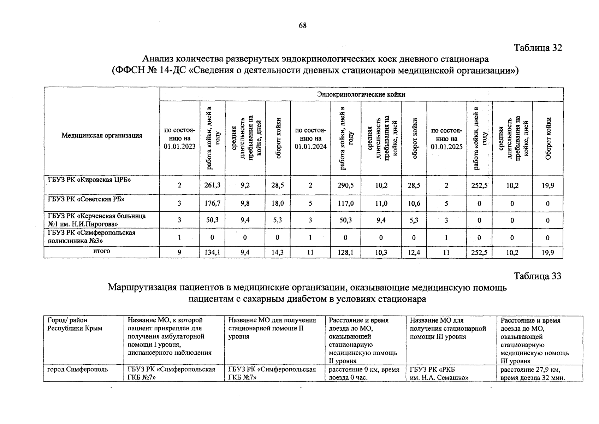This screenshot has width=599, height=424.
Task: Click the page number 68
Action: pos(303,25)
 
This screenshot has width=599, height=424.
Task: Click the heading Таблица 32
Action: pos(538,48)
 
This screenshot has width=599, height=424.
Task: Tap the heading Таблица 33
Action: pos(538,276)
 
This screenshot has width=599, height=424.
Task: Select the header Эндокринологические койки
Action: pos(361,94)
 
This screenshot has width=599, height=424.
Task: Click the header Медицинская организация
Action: pos(102,135)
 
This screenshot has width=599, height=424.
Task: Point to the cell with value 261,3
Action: pos(212,185)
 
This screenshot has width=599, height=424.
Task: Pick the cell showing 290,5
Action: pos(345,185)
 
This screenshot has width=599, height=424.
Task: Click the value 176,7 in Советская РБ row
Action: pos(212,204)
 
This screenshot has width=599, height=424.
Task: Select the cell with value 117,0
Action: pos(345,204)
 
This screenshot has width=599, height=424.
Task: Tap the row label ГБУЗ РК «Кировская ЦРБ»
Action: pos(89,179)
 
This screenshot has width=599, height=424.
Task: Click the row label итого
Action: pos(102,251)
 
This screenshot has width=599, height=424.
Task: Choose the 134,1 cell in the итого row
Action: pos(212,253)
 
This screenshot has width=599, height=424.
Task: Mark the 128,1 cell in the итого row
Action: pos(345,253)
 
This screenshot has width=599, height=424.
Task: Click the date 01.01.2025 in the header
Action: pos(446,147)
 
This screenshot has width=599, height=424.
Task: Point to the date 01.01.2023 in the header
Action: pos(179,147)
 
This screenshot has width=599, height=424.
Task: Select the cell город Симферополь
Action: pos(78,370)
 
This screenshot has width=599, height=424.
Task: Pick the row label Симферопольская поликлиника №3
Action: pos(91,237)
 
